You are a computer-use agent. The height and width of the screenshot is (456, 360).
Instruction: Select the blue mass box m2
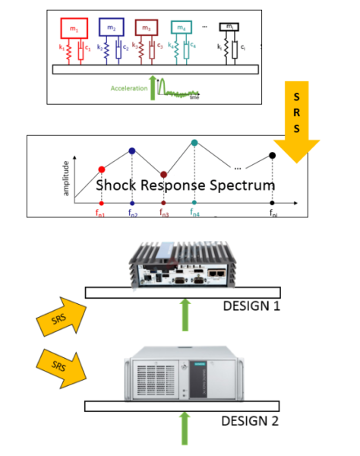(112, 29)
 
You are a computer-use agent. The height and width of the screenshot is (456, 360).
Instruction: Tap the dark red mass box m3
(147, 29)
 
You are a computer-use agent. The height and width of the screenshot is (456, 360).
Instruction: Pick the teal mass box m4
(182, 29)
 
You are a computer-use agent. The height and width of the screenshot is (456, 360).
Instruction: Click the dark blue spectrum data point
(132, 151)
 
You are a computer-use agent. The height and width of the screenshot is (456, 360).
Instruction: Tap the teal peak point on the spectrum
(194, 143)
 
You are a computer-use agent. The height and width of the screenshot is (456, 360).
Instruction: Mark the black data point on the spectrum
(273, 156)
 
